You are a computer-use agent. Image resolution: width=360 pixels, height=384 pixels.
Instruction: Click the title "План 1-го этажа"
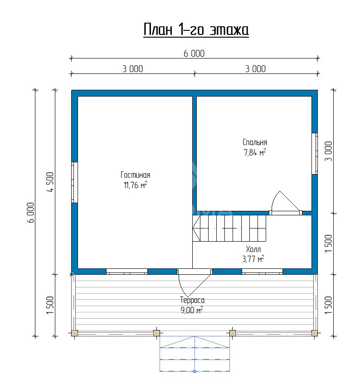point(196,29)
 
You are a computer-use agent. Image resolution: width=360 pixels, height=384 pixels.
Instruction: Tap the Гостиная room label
point(136,175)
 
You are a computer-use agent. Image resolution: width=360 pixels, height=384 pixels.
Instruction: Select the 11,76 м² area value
point(136,185)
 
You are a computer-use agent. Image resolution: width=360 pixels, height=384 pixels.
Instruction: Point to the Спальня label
point(255,142)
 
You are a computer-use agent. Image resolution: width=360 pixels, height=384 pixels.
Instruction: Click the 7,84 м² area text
point(255,152)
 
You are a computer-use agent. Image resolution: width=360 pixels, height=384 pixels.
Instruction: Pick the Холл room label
point(253,249)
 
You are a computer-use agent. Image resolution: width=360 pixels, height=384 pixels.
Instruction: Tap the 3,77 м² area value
point(253,259)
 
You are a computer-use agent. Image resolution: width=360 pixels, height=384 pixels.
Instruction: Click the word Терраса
point(192,300)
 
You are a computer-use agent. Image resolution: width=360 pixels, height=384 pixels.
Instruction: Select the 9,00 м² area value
point(192,310)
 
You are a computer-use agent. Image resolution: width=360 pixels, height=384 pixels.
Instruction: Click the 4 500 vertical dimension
point(50,182)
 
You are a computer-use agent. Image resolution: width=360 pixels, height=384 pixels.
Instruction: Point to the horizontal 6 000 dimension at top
point(194,53)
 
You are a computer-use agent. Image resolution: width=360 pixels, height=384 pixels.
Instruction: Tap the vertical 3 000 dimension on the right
point(328,151)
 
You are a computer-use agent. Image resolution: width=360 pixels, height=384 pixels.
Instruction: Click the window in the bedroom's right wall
point(315,154)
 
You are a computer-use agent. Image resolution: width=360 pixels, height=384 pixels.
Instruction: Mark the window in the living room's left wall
point(74,182)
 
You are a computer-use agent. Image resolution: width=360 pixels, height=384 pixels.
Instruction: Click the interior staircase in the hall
point(229,228)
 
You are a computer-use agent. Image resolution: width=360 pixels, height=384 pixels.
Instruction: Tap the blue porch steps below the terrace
point(195,354)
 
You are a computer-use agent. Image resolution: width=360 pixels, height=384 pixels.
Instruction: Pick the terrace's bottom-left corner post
point(74,333)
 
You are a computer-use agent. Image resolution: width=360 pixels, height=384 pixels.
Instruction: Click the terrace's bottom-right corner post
point(315,333)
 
